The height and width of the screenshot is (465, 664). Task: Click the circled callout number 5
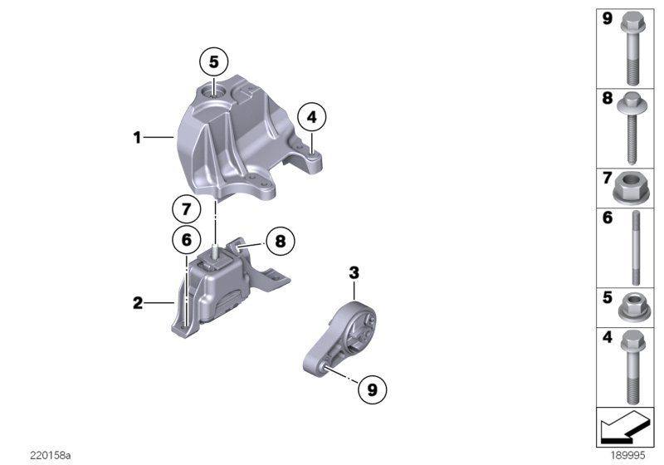click(213, 61)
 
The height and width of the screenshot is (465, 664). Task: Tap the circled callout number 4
click(312, 118)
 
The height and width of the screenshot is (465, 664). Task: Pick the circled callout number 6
click(186, 240)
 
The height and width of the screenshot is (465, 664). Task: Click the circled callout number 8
click(280, 242)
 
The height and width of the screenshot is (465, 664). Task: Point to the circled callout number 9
click(372, 386)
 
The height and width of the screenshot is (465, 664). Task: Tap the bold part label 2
click(138, 304)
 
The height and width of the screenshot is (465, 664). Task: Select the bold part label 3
click(354, 272)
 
